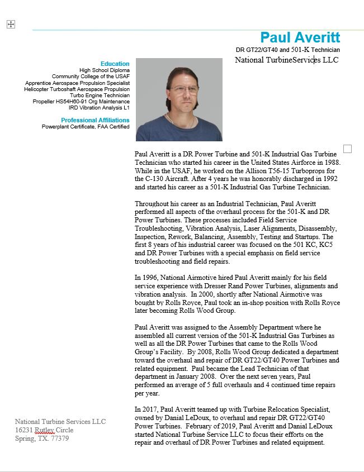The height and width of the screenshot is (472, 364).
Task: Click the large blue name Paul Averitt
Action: tap(300, 37)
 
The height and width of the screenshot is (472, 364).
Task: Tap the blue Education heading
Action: tap(115, 64)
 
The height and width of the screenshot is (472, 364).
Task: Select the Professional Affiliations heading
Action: tap(95, 120)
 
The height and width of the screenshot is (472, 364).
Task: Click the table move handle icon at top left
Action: tap(10, 24)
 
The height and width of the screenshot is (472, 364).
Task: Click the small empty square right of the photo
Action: tap(347, 149)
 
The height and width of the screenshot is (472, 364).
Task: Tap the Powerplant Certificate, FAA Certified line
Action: tap(86, 127)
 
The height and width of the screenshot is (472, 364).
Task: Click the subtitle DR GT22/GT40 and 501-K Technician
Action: tap(287, 50)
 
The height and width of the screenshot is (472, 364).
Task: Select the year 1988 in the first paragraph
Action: tap(331, 162)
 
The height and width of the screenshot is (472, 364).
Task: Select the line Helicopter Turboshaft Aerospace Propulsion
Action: tap(77, 89)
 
